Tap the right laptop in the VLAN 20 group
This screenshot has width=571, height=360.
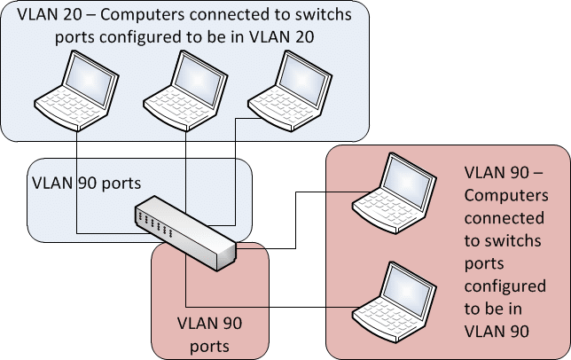tap(283, 88)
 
